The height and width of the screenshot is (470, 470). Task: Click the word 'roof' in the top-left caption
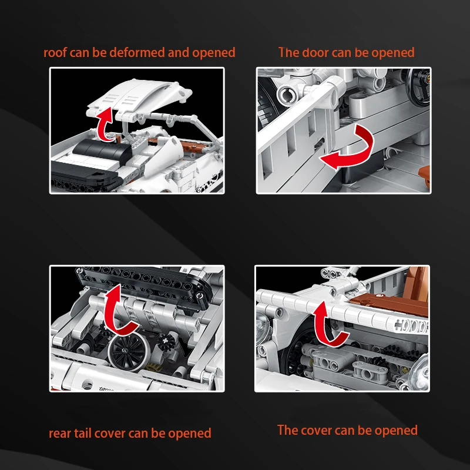[x=55, y=52]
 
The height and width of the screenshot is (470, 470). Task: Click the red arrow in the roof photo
[x=105, y=125]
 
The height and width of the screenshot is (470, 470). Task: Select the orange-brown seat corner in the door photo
[x=424, y=177]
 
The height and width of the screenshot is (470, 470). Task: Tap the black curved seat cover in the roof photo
[x=102, y=150]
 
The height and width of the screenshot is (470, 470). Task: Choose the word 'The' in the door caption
[x=288, y=52]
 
